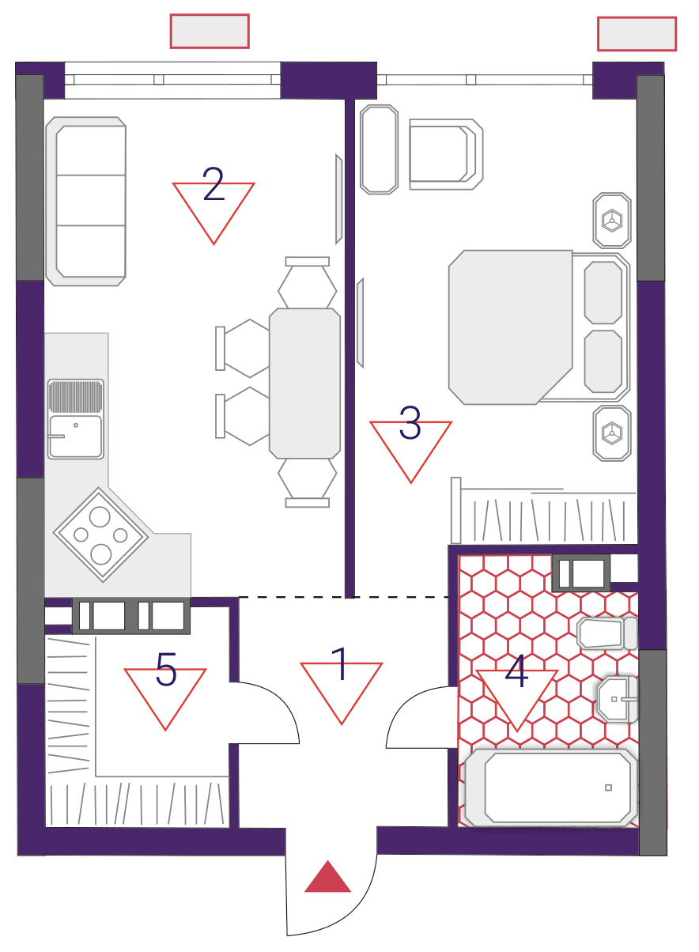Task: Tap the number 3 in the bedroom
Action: click(410, 422)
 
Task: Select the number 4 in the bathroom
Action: click(516, 671)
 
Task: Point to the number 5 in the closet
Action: click(166, 670)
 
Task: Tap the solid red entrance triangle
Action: click(327, 876)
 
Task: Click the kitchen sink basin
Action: click(76, 436)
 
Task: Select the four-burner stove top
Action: click(100, 535)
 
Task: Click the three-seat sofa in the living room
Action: click(86, 201)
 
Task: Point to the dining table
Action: click(304, 383)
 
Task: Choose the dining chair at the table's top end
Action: click(308, 282)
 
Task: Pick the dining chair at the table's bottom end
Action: click(308, 483)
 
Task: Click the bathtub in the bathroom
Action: click(551, 788)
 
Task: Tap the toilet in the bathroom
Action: click(607, 633)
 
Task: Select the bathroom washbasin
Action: click(618, 699)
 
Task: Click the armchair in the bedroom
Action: click(446, 154)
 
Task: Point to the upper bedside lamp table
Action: click(612, 221)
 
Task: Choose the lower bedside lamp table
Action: click(612, 433)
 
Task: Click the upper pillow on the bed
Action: click(603, 293)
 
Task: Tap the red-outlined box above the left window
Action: click(210, 32)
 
